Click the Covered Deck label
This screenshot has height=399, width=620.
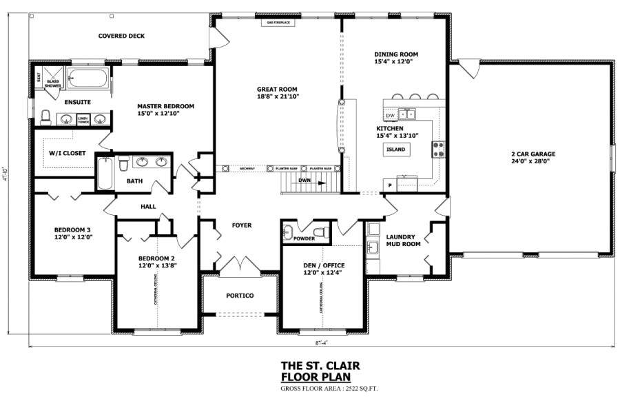[x=121, y=36]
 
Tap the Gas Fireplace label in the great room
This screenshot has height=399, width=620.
[x=278, y=23]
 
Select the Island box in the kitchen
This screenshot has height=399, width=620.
[x=395, y=149]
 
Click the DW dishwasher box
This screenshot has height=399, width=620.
[x=390, y=115]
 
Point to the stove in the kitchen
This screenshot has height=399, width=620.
[x=437, y=150]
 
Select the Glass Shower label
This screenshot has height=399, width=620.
[x=53, y=83]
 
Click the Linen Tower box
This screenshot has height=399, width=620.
[x=83, y=120]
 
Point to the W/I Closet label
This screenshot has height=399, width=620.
[x=68, y=153]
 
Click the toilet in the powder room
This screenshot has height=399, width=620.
[x=319, y=232]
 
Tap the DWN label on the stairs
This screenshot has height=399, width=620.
[x=304, y=181]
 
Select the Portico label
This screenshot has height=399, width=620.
[x=240, y=296]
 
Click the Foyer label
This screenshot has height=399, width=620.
[x=241, y=225]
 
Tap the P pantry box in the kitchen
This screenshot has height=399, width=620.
[x=390, y=185]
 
